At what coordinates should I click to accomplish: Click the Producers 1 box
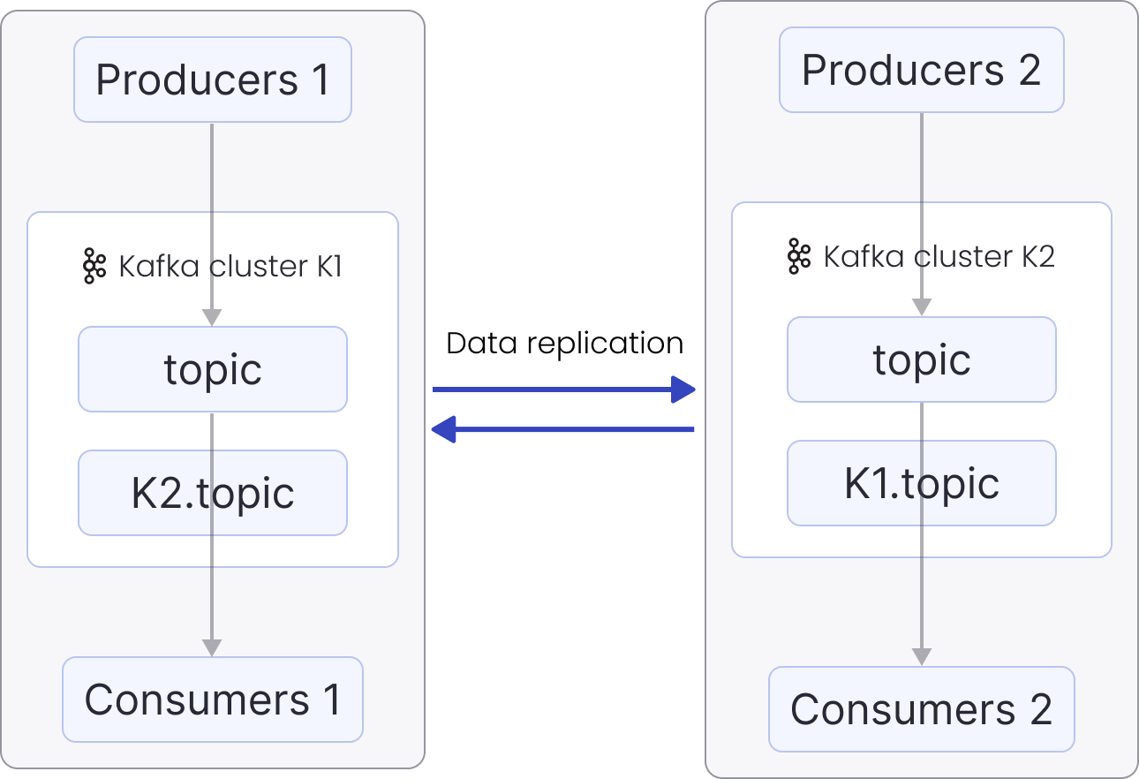pos(212,79)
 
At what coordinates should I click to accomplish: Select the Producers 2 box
pos(921,70)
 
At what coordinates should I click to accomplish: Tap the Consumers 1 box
pos(212,700)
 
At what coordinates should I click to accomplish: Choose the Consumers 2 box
pos(921,709)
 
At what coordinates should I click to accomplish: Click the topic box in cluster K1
pos(212,369)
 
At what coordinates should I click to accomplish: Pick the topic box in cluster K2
pos(921,359)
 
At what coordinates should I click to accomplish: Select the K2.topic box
pos(212,493)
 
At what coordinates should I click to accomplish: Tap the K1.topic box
pos(921,483)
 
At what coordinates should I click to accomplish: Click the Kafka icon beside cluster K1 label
pos(94,267)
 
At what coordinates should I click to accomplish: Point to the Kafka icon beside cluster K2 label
pos(798,256)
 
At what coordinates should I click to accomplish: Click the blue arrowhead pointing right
pos(684,389)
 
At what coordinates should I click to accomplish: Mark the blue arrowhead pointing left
pos(442,430)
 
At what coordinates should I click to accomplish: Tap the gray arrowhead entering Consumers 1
pos(212,647)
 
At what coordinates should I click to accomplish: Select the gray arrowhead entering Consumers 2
pos(921,656)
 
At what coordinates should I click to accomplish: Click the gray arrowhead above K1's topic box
pos(212,317)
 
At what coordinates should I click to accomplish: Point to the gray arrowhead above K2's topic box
pos(921,306)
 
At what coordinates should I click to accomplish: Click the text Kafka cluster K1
pos(230,267)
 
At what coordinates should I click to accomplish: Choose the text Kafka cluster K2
pos(939,257)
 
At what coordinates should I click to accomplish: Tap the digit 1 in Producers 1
pos(320,80)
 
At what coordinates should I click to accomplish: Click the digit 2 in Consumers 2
pos(1040,710)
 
